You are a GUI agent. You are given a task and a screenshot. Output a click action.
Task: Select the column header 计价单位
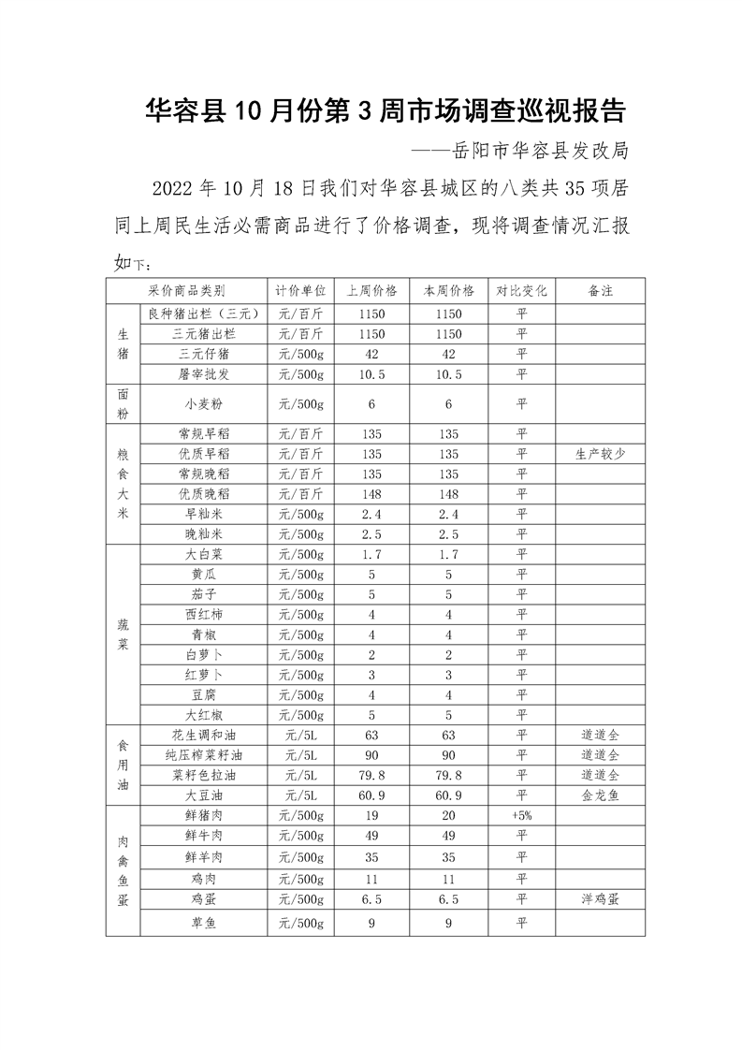301,291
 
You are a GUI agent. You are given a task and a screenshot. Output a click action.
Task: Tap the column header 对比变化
521,291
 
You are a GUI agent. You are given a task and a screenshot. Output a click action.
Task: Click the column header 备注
601,291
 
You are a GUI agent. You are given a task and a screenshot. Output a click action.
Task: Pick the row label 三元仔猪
204,354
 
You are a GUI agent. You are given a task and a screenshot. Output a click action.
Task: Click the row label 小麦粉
204,404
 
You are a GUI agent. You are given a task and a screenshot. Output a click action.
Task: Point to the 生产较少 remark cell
601,454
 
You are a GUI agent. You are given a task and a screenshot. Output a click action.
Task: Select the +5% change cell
521,815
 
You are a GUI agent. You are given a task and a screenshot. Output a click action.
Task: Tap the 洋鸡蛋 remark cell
601,898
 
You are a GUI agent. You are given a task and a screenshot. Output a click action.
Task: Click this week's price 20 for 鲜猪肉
449,815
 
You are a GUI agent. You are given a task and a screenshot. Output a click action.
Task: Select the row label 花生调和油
204,735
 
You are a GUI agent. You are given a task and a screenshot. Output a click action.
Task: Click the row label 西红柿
204,614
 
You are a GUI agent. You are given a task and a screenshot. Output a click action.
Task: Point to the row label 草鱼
204,923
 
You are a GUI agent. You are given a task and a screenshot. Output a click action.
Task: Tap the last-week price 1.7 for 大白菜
371,554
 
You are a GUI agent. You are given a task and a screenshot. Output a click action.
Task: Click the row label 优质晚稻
204,493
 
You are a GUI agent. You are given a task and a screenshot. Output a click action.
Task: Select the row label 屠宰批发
204,374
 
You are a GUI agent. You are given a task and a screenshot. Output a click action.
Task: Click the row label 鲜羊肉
204,857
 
